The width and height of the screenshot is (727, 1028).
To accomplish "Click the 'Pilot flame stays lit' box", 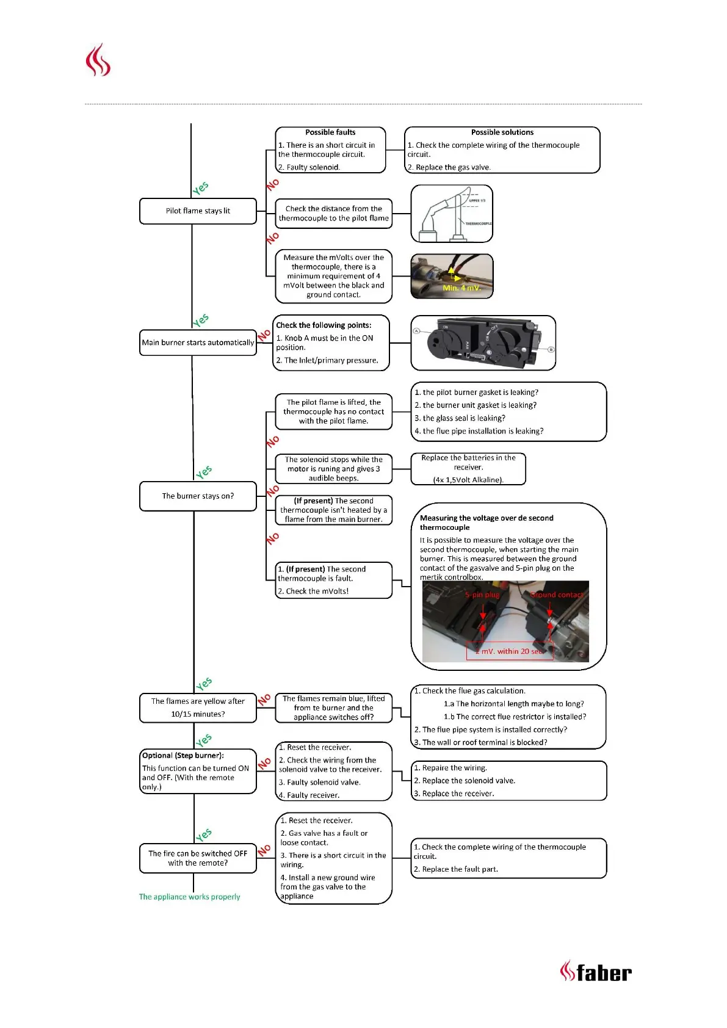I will pyautogui.click(x=198, y=211).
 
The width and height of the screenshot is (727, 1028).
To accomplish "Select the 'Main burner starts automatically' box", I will pyautogui.click(x=198, y=343).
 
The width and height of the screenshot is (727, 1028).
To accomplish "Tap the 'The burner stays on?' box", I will pyautogui.click(x=198, y=496).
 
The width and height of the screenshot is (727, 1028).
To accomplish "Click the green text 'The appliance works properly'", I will pyautogui.click(x=189, y=897).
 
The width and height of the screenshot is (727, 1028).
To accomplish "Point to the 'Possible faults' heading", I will pyautogui.click(x=330, y=132).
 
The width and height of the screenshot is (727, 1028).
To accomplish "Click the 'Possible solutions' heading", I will pyautogui.click(x=502, y=132).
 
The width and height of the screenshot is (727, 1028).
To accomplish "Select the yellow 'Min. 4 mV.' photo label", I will pyautogui.click(x=461, y=288).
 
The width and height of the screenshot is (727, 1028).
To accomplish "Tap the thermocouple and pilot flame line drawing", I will pyautogui.click(x=452, y=214).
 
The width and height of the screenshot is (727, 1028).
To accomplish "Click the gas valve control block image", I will pyautogui.click(x=483, y=343).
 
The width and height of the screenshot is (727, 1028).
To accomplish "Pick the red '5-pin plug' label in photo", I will pyautogui.click(x=482, y=595).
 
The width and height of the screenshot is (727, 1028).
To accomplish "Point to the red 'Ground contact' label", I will pyautogui.click(x=557, y=595).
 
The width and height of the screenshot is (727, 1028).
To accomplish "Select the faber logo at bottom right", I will pyautogui.click(x=596, y=971).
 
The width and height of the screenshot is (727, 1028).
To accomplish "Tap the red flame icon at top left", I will pyautogui.click(x=98, y=60).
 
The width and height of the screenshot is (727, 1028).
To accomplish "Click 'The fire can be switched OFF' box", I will pyautogui.click(x=198, y=858).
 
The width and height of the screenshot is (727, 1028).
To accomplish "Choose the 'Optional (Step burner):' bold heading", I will pyautogui.click(x=183, y=756).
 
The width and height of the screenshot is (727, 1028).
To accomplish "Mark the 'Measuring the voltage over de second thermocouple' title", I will pyautogui.click(x=486, y=523).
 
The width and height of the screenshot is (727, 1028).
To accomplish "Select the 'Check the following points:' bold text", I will pyautogui.click(x=324, y=325).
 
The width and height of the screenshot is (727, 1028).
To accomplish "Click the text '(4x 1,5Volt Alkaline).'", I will pyautogui.click(x=468, y=480).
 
